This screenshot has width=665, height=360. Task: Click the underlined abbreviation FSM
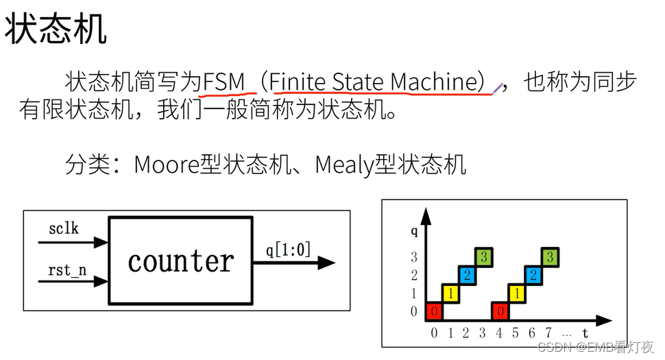223,83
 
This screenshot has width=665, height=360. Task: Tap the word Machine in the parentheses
432,83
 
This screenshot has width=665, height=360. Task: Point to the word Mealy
343,165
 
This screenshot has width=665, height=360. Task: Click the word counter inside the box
181,261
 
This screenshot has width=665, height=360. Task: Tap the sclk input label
64,228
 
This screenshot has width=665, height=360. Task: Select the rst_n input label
67,269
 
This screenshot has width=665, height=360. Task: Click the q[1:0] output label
288,250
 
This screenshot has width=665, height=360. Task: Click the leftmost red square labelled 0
434,311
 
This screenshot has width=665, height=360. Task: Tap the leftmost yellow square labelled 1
450,293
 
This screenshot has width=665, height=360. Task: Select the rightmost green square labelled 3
550,257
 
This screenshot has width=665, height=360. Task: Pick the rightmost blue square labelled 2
533,275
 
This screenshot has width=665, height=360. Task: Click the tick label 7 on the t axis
548,333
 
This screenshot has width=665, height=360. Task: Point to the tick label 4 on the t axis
499,333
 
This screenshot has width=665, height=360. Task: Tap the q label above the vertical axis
414,231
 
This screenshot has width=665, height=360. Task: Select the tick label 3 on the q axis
413,258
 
